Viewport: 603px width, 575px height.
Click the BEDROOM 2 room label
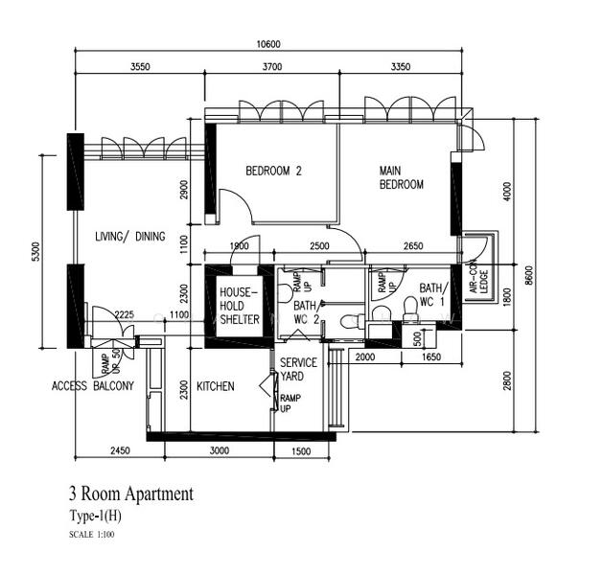tap(273, 172)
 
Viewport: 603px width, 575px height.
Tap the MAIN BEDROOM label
tap(401, 177)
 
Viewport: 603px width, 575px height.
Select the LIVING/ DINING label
tap(129, 237)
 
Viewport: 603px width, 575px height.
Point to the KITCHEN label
tap(215, 386)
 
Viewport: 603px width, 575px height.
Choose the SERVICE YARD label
tap(298, 370)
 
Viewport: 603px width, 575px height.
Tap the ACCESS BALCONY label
tap(92, 386)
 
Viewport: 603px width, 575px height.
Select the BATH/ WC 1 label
tap(432, 294)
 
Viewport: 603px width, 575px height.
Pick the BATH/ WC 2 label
tap(306, 311)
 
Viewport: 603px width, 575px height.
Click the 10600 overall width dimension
tap(268, 44)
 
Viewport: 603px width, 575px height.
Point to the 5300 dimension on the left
tap(35, 252)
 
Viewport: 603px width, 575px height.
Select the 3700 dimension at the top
tap(271, 67)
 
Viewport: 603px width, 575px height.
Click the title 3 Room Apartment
tap(130, 494)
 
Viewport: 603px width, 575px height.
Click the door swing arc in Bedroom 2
tap(235, 204)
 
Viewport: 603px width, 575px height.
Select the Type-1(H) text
tap(96, 516)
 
